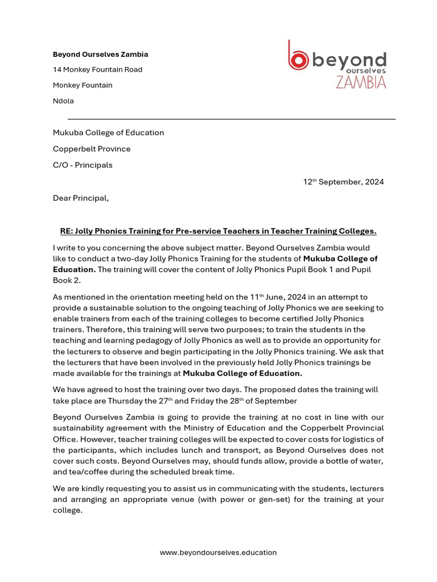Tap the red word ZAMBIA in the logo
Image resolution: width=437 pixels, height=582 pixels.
point(361,82)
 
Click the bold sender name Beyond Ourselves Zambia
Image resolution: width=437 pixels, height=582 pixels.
point(100,55)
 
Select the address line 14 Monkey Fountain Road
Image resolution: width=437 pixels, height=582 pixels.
point(97,70)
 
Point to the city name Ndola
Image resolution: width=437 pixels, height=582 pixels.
point(63,101)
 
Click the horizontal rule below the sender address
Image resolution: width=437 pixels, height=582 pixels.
point(231,119)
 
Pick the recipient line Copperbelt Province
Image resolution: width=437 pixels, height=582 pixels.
point(92,149)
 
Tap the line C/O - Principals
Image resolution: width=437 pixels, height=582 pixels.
point(83,165)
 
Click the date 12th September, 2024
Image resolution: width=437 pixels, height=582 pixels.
point(343,182)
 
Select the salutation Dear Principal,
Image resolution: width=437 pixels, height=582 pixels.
point(80,198)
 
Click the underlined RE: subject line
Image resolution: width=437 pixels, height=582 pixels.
point(218,231)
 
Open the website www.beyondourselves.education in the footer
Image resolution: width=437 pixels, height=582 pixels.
point(218,552)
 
